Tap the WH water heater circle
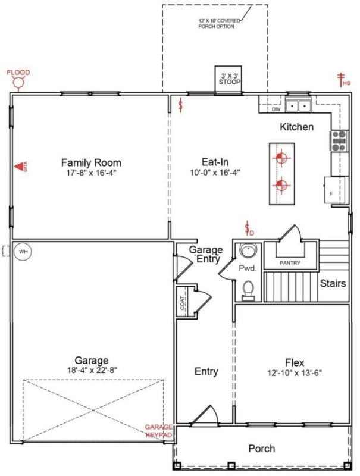point(23,252)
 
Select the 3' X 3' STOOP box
point(229,79)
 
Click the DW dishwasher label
point(276,109)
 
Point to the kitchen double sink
point(299,106)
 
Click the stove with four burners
point(339,140)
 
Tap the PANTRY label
point(290,263)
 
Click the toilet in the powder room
point(248,290)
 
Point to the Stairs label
point(332,283)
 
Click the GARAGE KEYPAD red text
point(159,431)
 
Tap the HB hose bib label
point(346,83)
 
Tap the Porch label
point(261,448)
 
